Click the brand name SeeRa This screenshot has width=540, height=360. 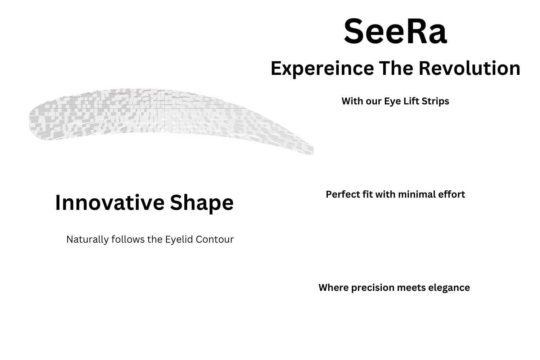coord(395,32)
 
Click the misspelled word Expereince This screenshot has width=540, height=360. coord(322,68)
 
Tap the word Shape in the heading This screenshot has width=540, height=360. coord(202,203)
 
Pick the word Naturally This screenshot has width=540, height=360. coord(88,239)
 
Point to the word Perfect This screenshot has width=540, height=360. coord(342,194)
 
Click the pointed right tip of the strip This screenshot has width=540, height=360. coord(311,150)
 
